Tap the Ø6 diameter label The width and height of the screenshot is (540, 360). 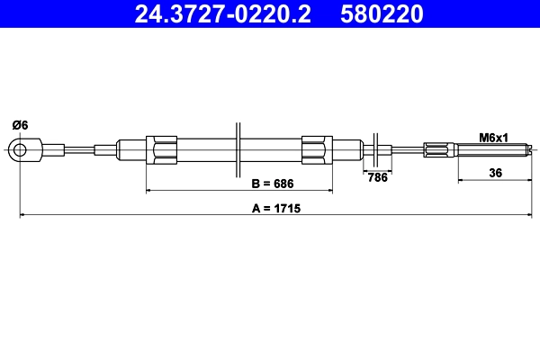[19, 125]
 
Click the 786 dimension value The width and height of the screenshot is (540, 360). [378, 177]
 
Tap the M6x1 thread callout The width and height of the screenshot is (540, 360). [493, 138]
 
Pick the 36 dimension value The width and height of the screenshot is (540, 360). [495, 173]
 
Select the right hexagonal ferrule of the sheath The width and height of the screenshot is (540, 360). [318, 149]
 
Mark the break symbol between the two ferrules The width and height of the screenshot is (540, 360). [238, 149]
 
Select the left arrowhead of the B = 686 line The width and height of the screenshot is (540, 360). [149, 192]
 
